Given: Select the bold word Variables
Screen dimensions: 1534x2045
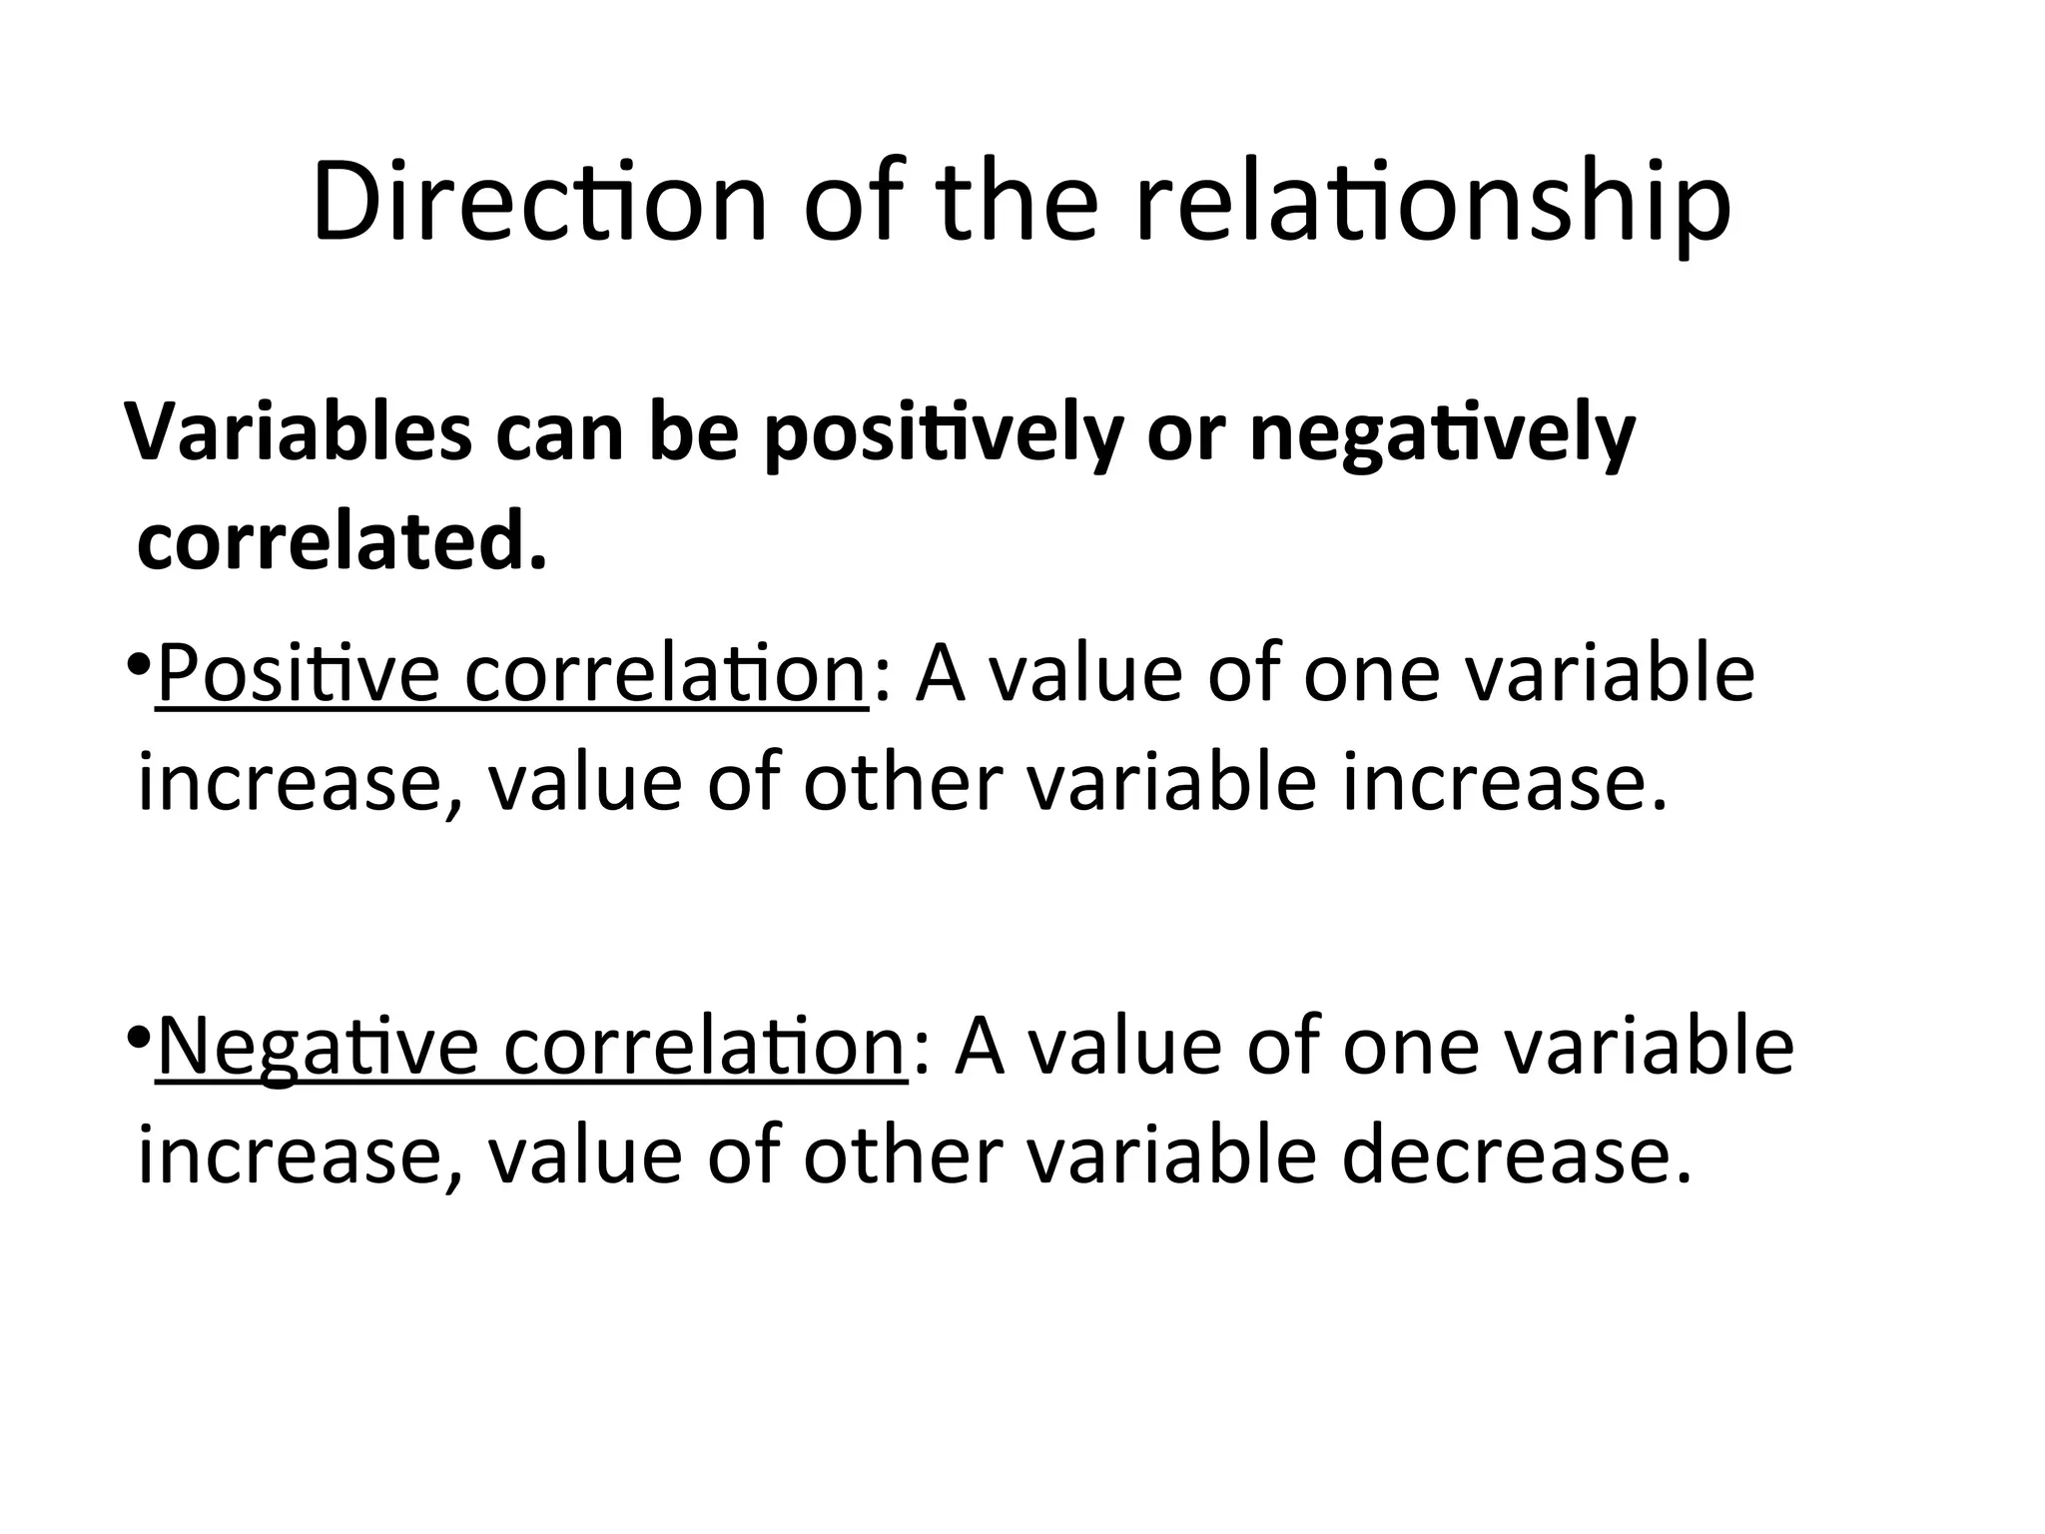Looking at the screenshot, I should [x=299, y=432].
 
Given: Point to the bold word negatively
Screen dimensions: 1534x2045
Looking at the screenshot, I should [x=1442, y=435].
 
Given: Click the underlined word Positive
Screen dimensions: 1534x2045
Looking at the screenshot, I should [x=299, y=674].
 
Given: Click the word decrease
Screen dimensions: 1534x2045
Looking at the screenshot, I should [x=1517, y=1155].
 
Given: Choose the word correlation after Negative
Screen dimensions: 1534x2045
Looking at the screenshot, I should [x=704, y=1047].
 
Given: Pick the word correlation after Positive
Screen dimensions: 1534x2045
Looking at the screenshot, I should [x=666, y=674].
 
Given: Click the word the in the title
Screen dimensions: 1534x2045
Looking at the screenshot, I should [x=1019, y=202].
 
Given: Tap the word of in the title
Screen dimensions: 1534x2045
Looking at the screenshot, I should [x=852, y=202].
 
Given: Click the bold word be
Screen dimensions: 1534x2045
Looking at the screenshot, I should [x=693, y=432].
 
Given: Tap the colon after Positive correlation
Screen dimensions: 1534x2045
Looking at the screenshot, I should [x=880, y=679].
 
